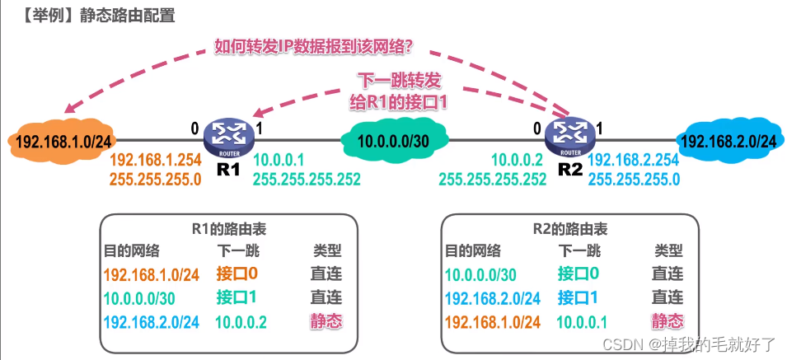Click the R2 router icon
569,136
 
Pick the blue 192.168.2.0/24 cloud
728,141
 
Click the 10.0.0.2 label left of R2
518,160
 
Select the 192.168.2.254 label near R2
634,160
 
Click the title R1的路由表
227,231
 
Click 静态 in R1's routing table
326,321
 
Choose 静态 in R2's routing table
668,321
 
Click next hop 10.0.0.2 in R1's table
241,321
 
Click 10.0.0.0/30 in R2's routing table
480,274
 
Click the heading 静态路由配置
127,16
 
